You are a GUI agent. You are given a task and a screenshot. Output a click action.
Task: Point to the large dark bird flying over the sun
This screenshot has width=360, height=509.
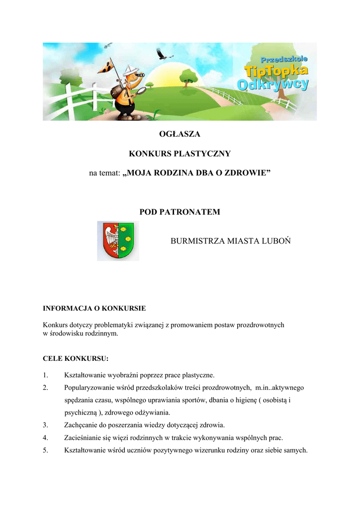[x=161, y=52]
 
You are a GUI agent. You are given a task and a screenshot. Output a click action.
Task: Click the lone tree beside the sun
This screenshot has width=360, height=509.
[x=188, y=76]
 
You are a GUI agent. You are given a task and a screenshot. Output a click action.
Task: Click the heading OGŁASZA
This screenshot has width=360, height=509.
[x=180, y=134]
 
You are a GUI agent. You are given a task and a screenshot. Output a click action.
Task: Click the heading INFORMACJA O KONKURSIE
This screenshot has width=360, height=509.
[x=94, y=308]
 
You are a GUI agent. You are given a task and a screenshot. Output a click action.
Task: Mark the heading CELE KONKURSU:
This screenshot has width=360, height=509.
[x=76, y=358]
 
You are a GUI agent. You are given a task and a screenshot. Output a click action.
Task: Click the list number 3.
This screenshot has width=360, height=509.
[x=45, y=425]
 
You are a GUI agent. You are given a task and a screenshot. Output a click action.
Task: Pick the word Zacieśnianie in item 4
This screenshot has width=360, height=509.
[x=82, y=438]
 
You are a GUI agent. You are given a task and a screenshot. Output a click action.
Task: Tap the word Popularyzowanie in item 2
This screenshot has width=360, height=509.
[x=89, y=387]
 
